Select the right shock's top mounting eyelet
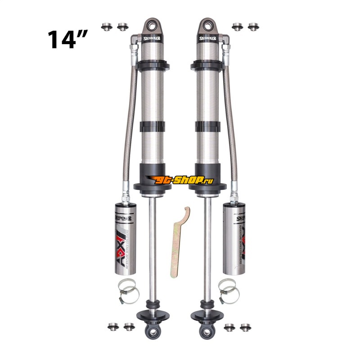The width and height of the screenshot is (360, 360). pyautogui.click(x=207, y=24)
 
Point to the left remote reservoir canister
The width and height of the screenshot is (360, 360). pyautogui.click(x=124, y=238)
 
